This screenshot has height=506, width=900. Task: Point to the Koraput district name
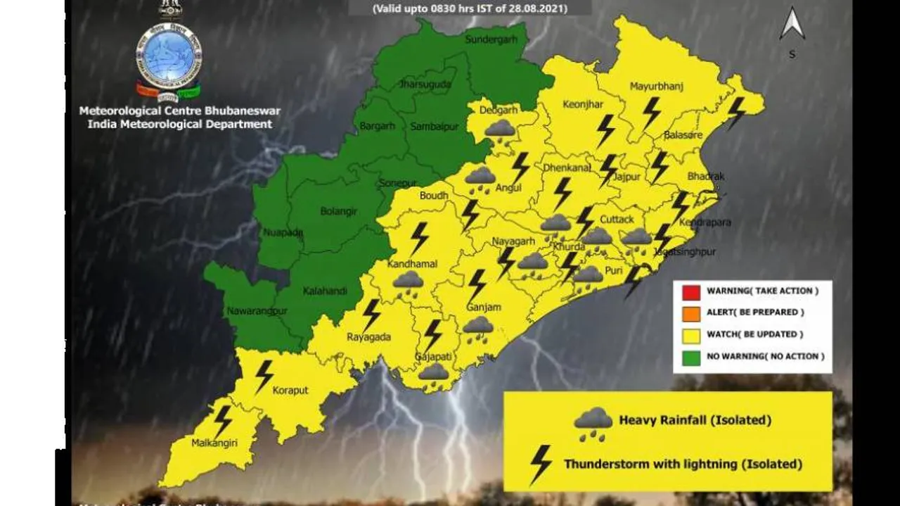290,391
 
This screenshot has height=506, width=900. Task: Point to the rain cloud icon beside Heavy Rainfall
593,423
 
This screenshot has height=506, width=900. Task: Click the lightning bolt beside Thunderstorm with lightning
541,464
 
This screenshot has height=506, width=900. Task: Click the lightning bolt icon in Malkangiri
223,421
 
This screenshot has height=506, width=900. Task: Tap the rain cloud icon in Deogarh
500,130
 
